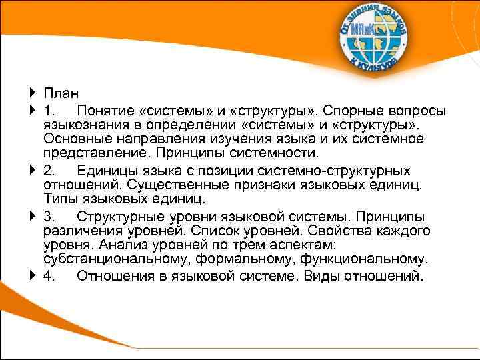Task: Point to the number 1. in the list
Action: click(x=51, y=109)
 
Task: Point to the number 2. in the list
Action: click(x=51, y=171)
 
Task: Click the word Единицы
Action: click(x=106, y=171)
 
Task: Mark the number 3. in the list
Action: click(x=51, y=217)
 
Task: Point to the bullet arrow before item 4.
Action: click(x=33, y=276)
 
